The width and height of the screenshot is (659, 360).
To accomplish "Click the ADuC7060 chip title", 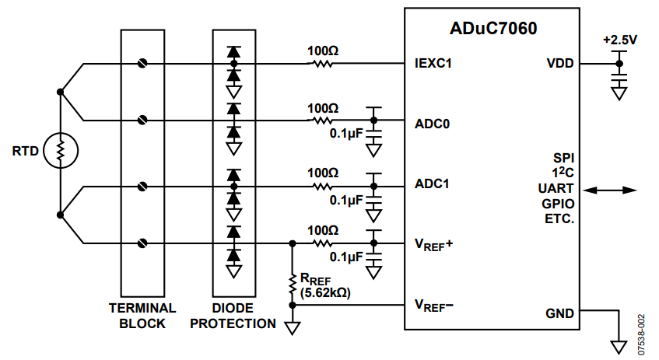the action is (x=493, y=28).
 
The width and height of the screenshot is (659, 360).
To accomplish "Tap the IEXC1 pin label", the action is (x=433, y=64).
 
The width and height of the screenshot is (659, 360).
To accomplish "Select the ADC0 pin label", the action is (x=432, y=124).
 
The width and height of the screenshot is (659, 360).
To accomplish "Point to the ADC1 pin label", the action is (x=432, y=184).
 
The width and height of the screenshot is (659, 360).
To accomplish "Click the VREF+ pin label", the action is (x=433, y=244).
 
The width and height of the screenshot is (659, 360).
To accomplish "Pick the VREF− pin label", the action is (x=433, y=306).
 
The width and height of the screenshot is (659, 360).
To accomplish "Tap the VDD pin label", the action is (x=560, y=64).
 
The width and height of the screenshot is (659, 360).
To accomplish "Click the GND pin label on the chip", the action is (x=559, y=313).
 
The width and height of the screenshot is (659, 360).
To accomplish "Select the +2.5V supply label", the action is (x=620, y=40).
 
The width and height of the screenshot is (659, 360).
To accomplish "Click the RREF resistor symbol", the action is (x=293, y=285).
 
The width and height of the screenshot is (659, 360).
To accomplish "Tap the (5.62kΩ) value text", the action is (x=325, y=292).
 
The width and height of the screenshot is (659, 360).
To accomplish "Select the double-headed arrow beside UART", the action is (x=610, y=190).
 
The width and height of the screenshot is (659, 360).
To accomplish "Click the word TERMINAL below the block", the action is (x=142, y=309).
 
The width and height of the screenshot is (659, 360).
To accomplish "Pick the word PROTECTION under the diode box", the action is (x=233, y=324).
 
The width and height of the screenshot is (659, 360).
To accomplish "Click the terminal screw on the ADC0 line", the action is (x=142, y=121).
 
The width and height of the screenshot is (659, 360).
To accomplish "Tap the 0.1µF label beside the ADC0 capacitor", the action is (x=346, y=134).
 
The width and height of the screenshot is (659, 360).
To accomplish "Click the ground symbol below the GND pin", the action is (x=619, y=347).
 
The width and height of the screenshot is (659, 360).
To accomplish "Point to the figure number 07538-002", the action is (x=640, y=335).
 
